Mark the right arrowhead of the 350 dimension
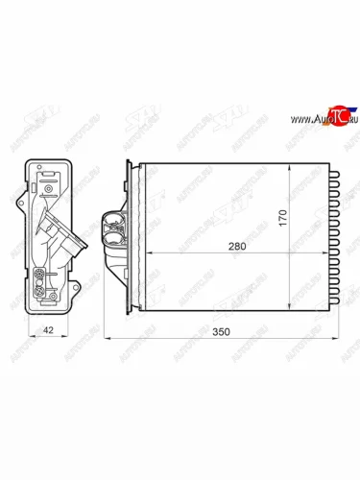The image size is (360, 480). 339,339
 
